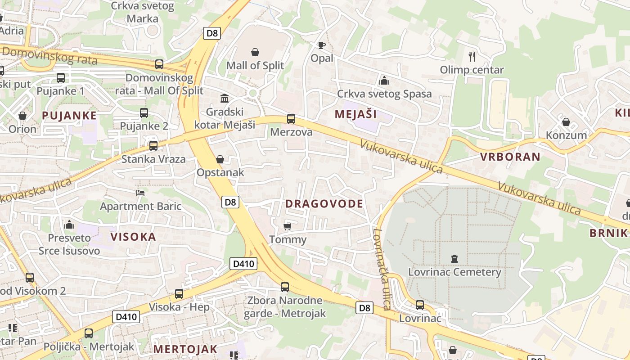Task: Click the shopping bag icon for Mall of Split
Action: tap(255, 52)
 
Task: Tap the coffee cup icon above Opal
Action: tap(321, 45)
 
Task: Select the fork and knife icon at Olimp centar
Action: tap(472, 56)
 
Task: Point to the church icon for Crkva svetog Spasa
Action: tap(384, 81)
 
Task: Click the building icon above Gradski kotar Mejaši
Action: tap(224, 98)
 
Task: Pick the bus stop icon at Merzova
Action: tap(291, 119)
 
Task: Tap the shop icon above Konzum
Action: tap(566, 122)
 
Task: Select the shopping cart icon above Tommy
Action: tap(287, 226)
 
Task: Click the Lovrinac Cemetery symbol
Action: tap(454, 259)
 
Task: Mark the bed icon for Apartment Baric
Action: tap(140, 193)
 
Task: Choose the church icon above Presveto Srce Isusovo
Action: tap(69, 224)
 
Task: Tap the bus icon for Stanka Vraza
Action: tap(153, 146)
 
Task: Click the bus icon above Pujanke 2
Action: tap(144, 113)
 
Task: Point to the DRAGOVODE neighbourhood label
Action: tap(324, 204)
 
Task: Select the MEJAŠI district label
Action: tap(355, 114)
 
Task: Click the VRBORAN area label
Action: tap(510, 157)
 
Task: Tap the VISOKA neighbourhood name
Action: tap(133, 237)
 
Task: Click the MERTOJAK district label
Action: tap(185, 349)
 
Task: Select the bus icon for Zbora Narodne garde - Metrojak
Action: tap(285, 287)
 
